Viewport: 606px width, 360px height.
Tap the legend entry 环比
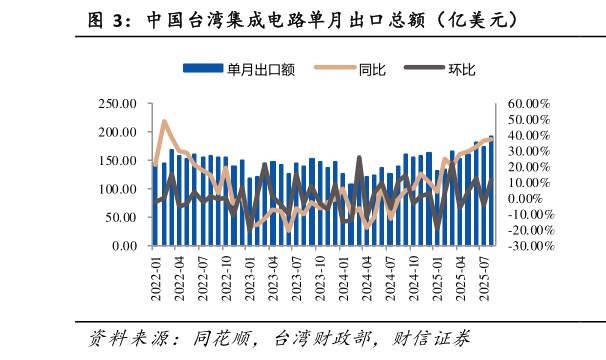click(x=462, y=68)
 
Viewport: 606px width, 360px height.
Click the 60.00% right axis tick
click(x=528, y=103)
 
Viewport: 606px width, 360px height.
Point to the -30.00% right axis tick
click(x=528, y=246)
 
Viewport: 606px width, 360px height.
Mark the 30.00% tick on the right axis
click(x=528, y=151)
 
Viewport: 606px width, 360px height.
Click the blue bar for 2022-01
click(x=156, y=205)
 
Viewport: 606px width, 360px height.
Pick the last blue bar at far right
click(x=491, y=191)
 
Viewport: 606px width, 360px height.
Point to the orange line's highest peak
click(x=164, y=122)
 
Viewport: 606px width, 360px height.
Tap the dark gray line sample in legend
click(x=424, y=68)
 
